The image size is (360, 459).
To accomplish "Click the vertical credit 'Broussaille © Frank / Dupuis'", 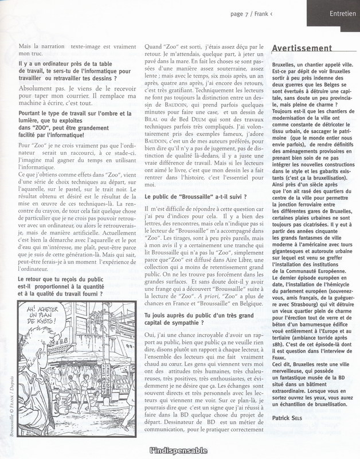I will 11,405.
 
